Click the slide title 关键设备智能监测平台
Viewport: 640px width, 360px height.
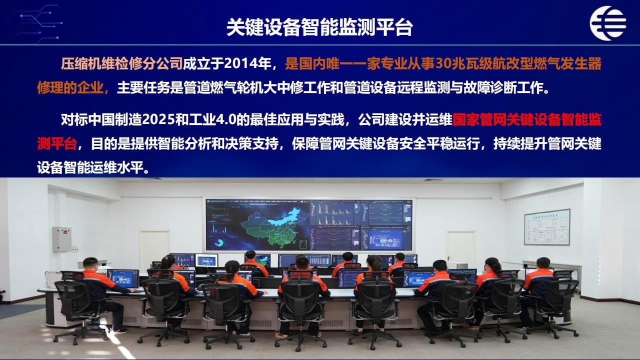(319, 27)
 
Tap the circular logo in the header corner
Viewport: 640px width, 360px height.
(608, 23)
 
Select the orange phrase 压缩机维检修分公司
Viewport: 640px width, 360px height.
(122, 63)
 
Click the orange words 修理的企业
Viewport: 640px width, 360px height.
(70, 87)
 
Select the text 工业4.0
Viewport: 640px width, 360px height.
(213, 119)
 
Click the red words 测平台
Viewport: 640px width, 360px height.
(57, 143)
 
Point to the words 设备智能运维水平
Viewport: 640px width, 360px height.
(90, 167)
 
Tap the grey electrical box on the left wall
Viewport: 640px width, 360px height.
(61, 239)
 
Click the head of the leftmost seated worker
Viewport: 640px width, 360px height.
(90, 264)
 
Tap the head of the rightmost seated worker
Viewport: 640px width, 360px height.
(543, 264)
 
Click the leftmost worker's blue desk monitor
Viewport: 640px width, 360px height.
(123, 278)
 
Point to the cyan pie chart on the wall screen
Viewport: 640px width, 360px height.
(219, 243)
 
